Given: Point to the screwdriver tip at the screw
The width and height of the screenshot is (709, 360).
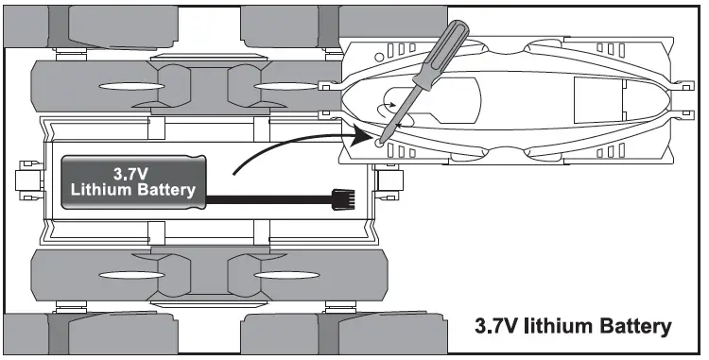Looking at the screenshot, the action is (381, 142).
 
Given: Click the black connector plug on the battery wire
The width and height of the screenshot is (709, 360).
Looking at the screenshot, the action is (341, 199).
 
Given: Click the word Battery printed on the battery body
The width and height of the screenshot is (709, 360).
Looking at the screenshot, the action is (165, 190).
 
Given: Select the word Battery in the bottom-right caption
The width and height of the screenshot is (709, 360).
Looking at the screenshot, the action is (637, 326).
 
